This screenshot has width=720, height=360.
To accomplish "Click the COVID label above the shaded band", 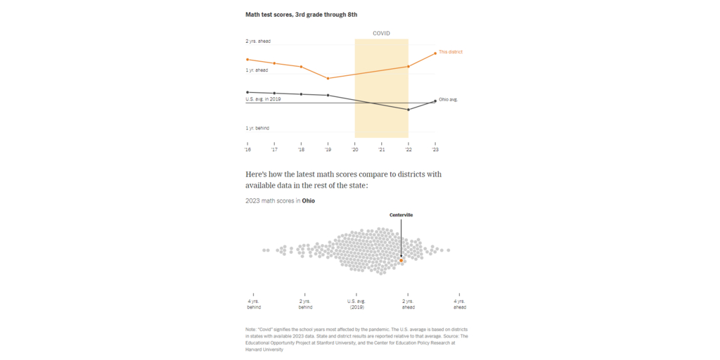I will (x=381, y=33).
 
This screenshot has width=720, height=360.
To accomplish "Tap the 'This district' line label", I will (x=451, y=52).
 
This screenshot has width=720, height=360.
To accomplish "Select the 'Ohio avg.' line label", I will (x=449, y=100).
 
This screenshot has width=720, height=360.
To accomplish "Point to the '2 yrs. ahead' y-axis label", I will (x=258, y=41).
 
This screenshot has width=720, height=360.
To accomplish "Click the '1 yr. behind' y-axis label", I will (x=258, y=128).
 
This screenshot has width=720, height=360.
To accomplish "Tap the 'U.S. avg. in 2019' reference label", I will (x=263, y=99).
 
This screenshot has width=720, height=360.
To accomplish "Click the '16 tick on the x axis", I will (x=247, y=149).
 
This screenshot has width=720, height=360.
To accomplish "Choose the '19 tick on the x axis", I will (x=328, y=149).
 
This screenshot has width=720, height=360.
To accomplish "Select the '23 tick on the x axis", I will (x=435, y=149).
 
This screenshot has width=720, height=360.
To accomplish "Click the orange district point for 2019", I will (x=328, y=78).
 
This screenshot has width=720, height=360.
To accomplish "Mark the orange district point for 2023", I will (x=435, y=53).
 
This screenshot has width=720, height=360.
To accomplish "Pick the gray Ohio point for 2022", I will (x=409, y=110).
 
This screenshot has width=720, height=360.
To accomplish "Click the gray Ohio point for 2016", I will (x=247, y=92).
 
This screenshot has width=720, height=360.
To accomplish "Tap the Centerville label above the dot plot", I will (x=401, y=214).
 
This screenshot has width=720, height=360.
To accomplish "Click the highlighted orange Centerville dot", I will (x=401, y=260).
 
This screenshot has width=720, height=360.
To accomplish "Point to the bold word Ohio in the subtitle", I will (x=309, y=201).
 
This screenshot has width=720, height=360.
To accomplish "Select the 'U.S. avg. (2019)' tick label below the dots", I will (x=356, y=304).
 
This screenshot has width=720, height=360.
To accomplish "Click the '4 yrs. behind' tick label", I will (x=254, y=304).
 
